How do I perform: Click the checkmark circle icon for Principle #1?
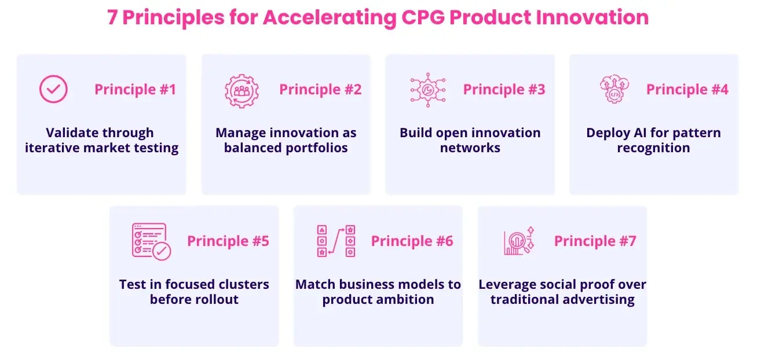pyautogui.click(x=53, y=90)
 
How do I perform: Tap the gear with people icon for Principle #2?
pyautogui.click(x=241, y=90)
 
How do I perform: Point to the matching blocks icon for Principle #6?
pyautogui.click(x=335, y=241)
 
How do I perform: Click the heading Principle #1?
pyautogui.click(x=135, y=90)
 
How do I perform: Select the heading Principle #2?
pyautogui.click(x=320, y=90)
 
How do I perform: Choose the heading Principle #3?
pyautogui.click(x=504, y=90)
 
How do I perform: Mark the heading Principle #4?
pyautogui.click(x=687, y=90)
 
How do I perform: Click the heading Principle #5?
pyautogui.click(x=228, y=241)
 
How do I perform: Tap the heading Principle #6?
pyautogui.click(x=412, y=241)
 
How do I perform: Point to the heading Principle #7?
pyautogui.click(x=595, y=241)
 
